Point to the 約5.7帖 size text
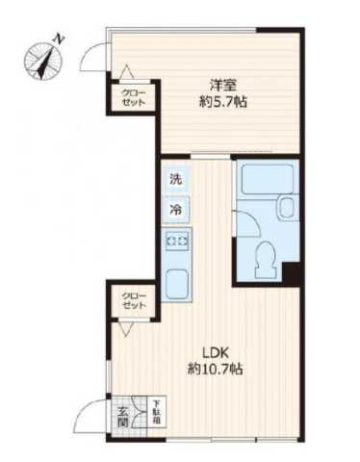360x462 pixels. tap(223, 101)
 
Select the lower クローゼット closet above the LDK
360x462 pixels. tap(134, 299)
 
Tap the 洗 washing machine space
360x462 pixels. tap(175, 179)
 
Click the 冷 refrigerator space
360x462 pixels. tap(175, 208)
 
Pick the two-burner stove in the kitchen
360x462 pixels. tap(176, 241)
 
